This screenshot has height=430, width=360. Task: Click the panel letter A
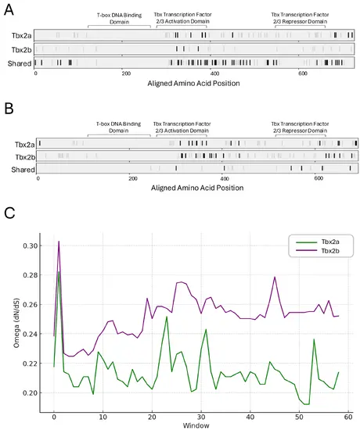click(9, 10)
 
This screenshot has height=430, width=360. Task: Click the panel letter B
click(9, 108)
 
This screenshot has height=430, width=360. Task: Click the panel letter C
click(9, 213)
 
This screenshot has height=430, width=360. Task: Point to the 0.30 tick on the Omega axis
click(30, 245)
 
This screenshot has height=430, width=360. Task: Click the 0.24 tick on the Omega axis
click(30, 334)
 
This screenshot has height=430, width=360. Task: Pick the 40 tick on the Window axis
click(250, 417)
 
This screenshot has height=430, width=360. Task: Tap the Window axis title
click(196, 425)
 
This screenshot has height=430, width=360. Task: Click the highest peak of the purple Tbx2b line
click(59, 242)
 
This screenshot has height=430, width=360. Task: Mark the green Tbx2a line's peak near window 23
click(167, 317)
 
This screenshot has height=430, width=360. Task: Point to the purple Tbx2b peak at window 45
click(275, 278)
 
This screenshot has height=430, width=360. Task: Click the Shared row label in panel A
click(20, 63)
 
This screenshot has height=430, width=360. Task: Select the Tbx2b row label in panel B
click(25, 157)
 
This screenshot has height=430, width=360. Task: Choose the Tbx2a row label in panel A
click(21, 35)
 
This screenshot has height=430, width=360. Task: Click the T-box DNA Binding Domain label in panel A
click(119, 19)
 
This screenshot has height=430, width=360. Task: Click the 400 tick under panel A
click(214, 73)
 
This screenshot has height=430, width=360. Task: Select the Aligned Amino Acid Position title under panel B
click(197, 188)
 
